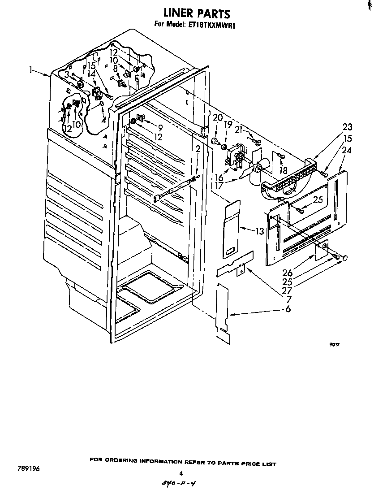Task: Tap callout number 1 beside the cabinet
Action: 31,70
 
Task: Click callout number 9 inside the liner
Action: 159,128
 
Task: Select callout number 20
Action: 218,118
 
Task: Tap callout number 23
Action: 348,127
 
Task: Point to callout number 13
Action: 259,231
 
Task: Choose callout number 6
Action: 288,308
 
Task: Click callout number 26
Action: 288,272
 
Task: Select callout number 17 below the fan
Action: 219,185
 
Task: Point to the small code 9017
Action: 332,345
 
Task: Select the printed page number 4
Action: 181,472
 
